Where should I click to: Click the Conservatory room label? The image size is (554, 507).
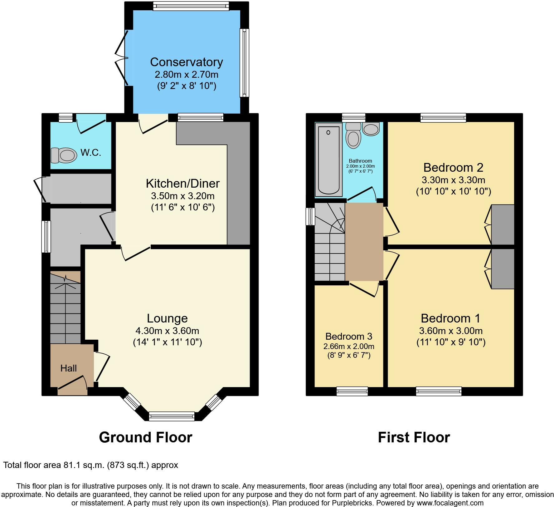(x=187, y=62)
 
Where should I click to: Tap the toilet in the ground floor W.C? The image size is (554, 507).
(x=64, y=155)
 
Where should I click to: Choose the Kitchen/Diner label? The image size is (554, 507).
(x=183, y=183)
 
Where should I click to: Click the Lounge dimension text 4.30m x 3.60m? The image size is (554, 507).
(x=167, y=331)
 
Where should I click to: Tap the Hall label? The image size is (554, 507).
(x=69, y=368)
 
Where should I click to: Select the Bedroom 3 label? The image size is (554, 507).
(x=349, y=336)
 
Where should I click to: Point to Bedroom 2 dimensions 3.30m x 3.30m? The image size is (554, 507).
(x=454, y=180)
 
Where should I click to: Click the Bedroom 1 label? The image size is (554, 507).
(x=451, y=318)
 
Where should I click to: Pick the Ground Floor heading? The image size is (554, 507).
(x=146, y=437)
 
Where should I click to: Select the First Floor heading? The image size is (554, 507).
(x=414, y=437)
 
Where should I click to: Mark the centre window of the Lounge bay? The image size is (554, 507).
(x=172, y=416)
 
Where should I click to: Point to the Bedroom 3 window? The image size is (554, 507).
(x=352, y=391)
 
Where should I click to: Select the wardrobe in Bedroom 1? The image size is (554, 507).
(x=503, y=269)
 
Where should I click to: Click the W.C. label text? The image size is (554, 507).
(x=91, y=153)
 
